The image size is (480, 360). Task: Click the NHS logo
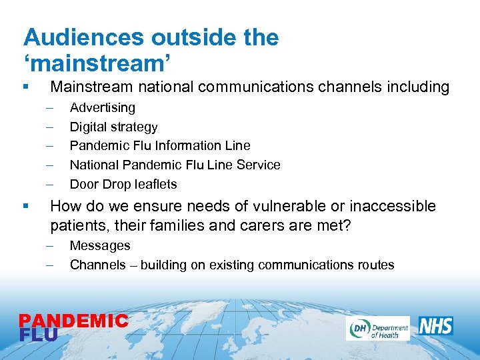436,326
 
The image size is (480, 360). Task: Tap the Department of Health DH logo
377,328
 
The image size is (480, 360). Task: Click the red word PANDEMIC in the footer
73,321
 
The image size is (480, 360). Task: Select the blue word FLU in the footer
39,335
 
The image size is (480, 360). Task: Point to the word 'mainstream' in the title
97,63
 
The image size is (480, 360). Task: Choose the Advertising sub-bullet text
103,107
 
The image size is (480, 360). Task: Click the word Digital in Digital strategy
87,127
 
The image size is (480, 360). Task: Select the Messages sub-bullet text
100,246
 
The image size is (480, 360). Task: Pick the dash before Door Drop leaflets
49,184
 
